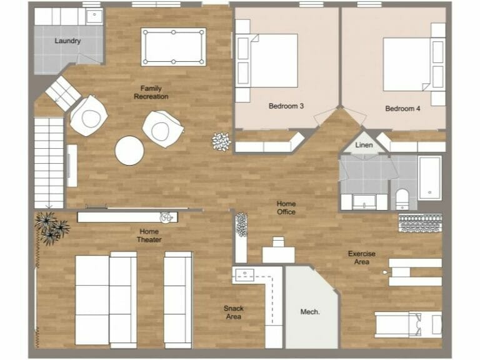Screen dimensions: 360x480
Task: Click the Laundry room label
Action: pos(67,41)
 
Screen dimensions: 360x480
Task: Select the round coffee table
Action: pos(129,151)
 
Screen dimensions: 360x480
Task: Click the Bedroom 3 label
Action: pos(286,106)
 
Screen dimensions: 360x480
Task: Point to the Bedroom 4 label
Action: pos(402,108)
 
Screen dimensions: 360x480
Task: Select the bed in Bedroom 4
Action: pos(408,64)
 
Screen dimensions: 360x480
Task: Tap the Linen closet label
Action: pos(364,145)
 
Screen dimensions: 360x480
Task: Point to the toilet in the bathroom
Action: pos(402,199)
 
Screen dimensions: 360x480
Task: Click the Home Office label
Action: pos(286,207)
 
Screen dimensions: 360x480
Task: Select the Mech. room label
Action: pos(310,311)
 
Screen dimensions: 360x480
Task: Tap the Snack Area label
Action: pos(233,312)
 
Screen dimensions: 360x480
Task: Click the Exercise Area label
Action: pos(362,257)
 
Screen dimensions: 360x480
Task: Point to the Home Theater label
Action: pos(149,236)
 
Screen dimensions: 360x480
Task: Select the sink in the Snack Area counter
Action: pos(245,274)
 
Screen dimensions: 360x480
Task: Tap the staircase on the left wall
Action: pos(49,162)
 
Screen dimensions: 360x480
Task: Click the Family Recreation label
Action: pos(151,92)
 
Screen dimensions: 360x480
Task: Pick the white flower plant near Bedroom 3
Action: pos(221,142)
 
